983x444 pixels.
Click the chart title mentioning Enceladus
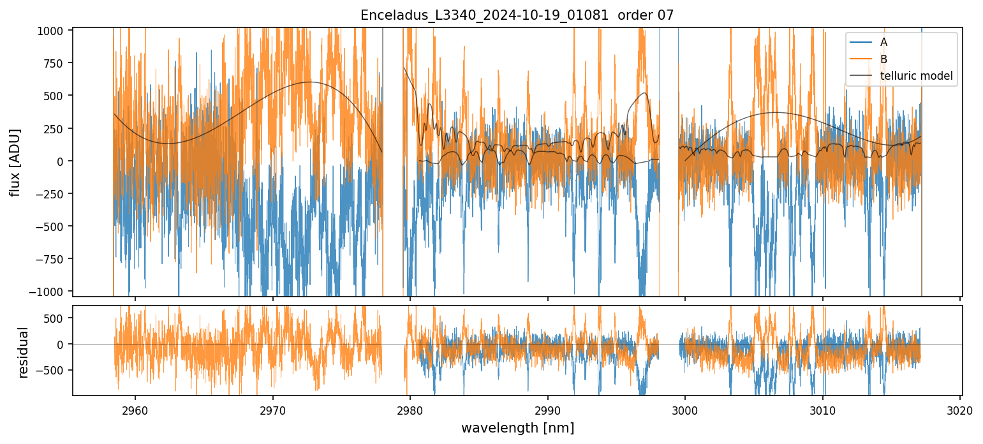(517, 15)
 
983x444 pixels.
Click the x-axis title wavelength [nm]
(517, 427)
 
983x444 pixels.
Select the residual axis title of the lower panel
(23, 352)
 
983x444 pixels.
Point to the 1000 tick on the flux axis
(54, 31)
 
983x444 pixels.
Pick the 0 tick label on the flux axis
(63, 161)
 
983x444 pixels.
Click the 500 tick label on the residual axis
(57, 318)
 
